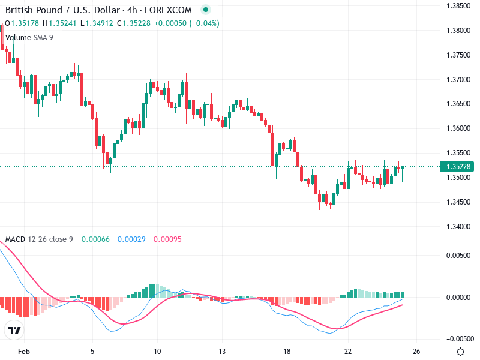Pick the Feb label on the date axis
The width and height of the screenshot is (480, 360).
[x=23, y=351]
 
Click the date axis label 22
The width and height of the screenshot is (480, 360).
[x=348, y=351]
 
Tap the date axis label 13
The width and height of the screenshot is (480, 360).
[x=221, y=351]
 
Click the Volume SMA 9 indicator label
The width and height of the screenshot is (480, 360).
[x=29, y=37]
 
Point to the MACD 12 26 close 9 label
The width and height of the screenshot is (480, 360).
[x=39, y=239]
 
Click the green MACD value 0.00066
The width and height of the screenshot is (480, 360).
[x=94, y=239]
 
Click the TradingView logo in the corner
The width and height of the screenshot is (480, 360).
[x=14, y=330]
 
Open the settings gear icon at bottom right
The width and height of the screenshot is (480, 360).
[x=460, y=352]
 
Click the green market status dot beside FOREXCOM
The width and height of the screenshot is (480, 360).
[x=206, y=10]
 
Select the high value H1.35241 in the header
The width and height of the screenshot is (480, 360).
[x=62, y=23]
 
